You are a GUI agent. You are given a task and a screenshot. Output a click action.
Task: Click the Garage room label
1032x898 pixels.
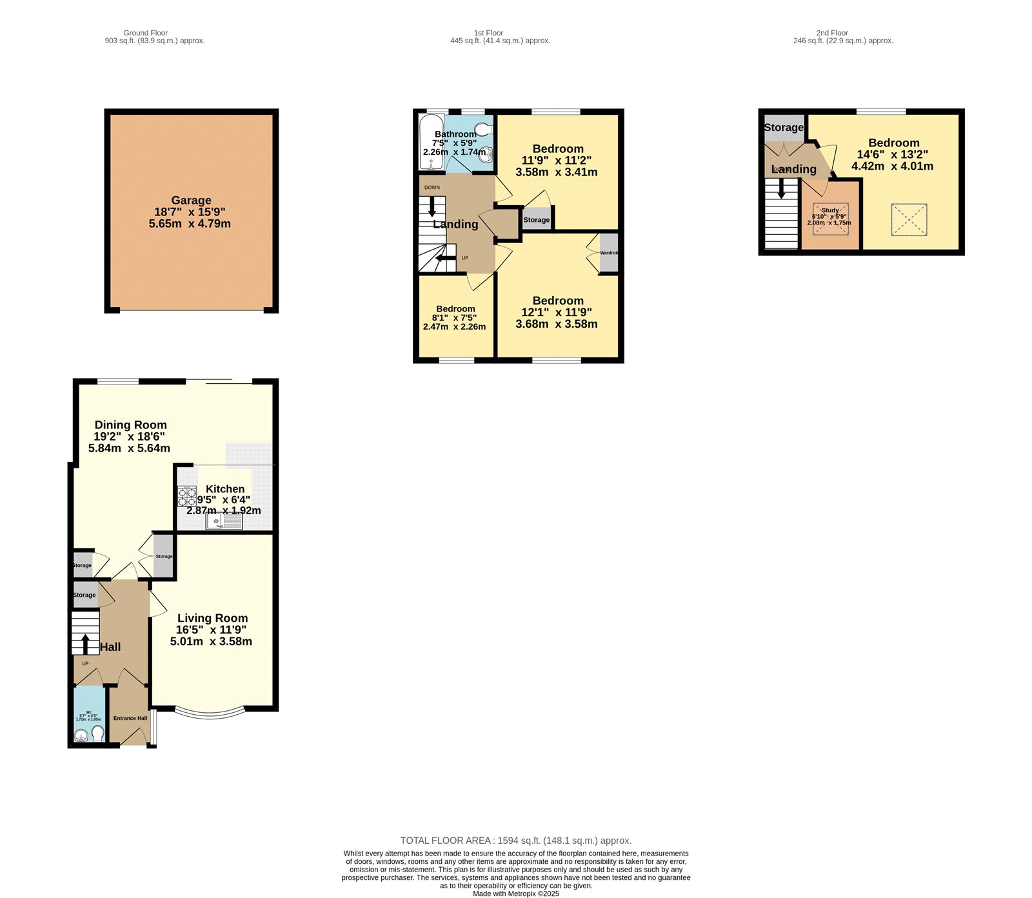pyautogui.click(x=191, y=201)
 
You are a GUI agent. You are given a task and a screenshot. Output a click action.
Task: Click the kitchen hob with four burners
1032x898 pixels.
pyautogui.click(x=187, y=496)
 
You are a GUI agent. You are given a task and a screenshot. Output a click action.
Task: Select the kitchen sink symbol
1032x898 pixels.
pyautogui.click(x=223, y=521)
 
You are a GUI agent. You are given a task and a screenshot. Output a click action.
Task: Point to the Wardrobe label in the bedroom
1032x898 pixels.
pyautogui.click(x=609, y=253)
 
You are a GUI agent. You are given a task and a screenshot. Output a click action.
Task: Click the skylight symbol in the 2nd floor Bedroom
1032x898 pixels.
pyautogui.click(x=909, y=220)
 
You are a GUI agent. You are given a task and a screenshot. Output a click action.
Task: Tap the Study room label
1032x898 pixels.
pyautogui.click(x=830, y=210)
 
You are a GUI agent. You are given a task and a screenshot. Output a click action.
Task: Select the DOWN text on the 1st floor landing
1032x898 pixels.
pyautogui.click(x=432, y=188)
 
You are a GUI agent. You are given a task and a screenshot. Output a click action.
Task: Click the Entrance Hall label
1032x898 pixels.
pyautogui.click(x=130, y=718)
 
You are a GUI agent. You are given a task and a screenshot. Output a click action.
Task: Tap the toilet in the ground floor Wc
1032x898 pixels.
pyautogui.click(x=97, y=733)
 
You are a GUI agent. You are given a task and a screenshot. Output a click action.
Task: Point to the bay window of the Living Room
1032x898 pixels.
pyautogui.click(x=210, y=713)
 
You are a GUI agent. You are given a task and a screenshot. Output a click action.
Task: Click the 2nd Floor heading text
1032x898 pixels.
pyautogui.click(x=832, y=33)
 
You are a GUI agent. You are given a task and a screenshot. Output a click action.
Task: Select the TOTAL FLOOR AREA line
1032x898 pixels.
pyautogui.click(x=515, y=841)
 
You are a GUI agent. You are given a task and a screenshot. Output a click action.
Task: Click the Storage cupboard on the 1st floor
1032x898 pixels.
pyautogui.click(x=537, y=220)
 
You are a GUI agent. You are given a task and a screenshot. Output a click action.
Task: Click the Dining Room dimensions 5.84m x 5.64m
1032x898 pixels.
pyautogui.click(x=129, y=448)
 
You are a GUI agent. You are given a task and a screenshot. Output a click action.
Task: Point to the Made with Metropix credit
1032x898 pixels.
pyautogui.click(x=515, y=893)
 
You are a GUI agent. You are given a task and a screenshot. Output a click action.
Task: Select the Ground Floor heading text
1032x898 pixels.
pyautogui.click(x=145, y=33)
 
